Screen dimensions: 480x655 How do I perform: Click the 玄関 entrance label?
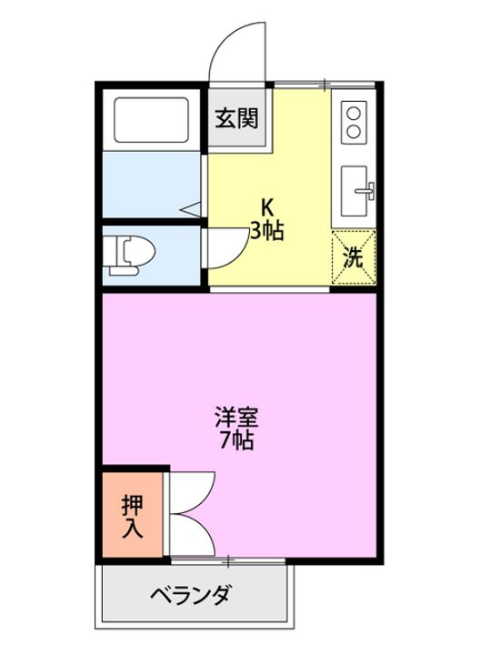pyautogui.click(x=237, y=118)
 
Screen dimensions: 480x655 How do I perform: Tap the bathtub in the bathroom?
pyautogui.click(x=151, y=120)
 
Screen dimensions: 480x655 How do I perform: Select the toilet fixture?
pyautogui.click(x=129, y=256)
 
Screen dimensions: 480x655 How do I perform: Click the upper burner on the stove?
pyautogui.click(x=354, y=113)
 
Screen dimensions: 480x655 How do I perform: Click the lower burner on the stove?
pyautogui.click(x=354, y=132)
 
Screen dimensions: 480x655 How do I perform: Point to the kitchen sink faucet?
pyautogui.click(x=365, y=191)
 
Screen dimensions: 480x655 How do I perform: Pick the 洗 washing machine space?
pyautogui.click(x=354, y=257)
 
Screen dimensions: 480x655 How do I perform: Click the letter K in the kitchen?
pyautogui.click(x=267, y=207)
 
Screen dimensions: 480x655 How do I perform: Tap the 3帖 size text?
pyautogui.click(x=267, y=230)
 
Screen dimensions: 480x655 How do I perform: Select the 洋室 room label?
pyautogui.click(x=236, y=417)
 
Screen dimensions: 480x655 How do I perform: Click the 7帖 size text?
pyautogui.click(x=236, y=439)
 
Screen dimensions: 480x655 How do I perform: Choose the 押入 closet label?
pyautogui.click(x=133, y=517)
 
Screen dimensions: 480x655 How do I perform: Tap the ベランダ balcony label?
pyautogui.click(x=190, y=594)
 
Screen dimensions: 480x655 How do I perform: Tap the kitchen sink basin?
pyautogui.click(x=354, y=191)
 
